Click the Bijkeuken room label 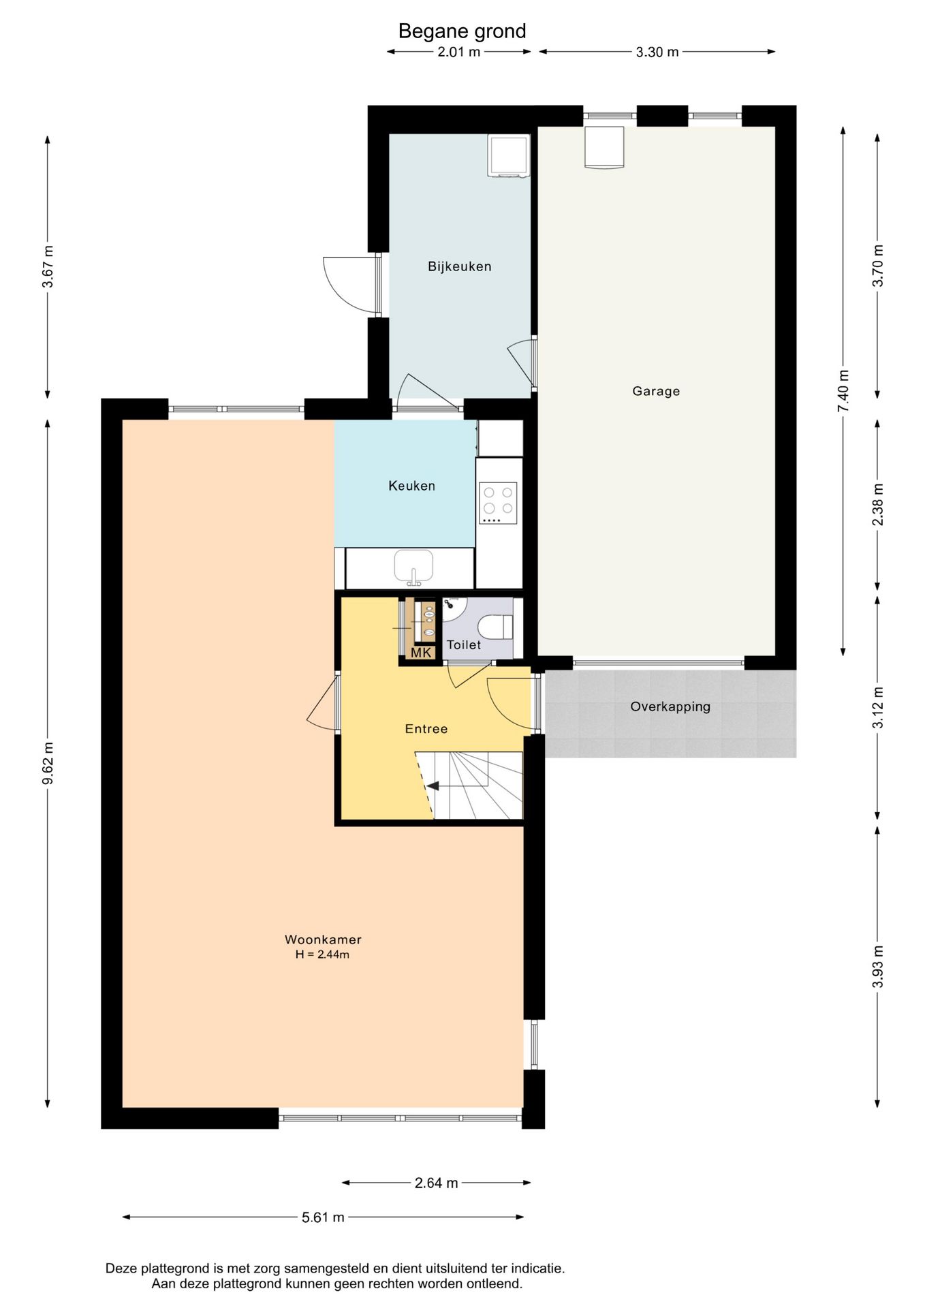click(x=459, y=266)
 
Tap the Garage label click(x=656, y=391)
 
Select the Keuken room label click(x=411, y=486)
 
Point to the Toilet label click(x=464, y=644)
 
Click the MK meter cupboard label click(x=421, y=653)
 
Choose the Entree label click(x=426, y=729)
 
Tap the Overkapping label click(x=670, y=706)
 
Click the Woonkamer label click(x=323, y=939)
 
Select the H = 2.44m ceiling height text click(x=322, y=954)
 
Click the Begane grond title click(x=462, y=31)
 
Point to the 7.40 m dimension click(x=844, y=390)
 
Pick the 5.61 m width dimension click(x=323, y=1217)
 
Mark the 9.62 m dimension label click(x=48, y=763)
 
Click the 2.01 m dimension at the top click(x=459, y=52)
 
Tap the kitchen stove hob click(x=498, y=503)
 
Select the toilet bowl click(x=495, y=627)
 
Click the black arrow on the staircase click(x=433, y=785)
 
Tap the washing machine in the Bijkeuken click(x=509, y=156)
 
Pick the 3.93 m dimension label click(x=878, y=967)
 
